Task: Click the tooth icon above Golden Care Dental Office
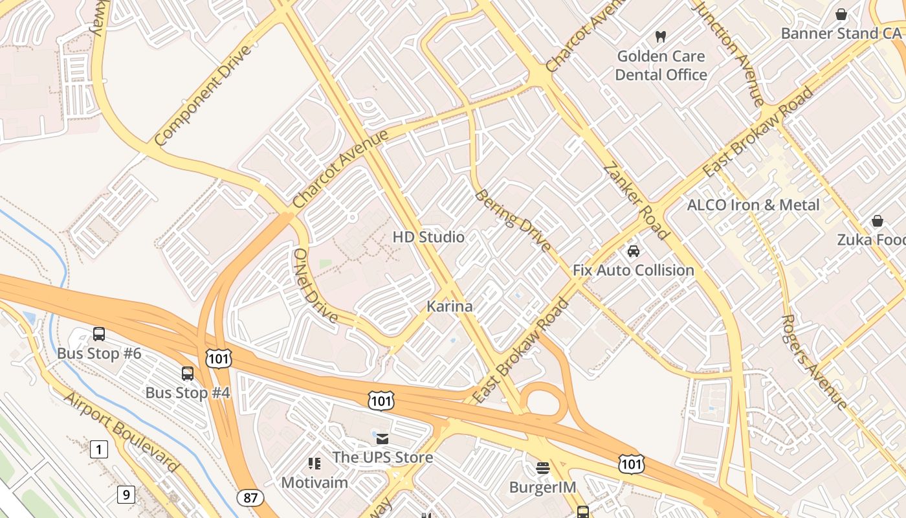(661, 36)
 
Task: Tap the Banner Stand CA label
(841, 33)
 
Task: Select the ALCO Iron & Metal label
(753, 205)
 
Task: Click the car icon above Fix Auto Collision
(634, 251)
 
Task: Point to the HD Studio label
(428, 237)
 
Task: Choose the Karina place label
(450, 306)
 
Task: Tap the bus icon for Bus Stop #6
(99, 334)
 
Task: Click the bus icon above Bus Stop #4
(188, 374)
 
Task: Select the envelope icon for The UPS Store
(382, 439)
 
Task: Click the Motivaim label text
(315, 482)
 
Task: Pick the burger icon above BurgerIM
(543, 468)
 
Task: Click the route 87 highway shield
(250, 498)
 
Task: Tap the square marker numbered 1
(98, 449)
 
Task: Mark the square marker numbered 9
(126, 495)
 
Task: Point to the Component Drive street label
(202, 95)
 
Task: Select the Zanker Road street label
(636, 201)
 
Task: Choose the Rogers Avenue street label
(814, 362)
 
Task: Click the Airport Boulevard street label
(121, 432)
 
